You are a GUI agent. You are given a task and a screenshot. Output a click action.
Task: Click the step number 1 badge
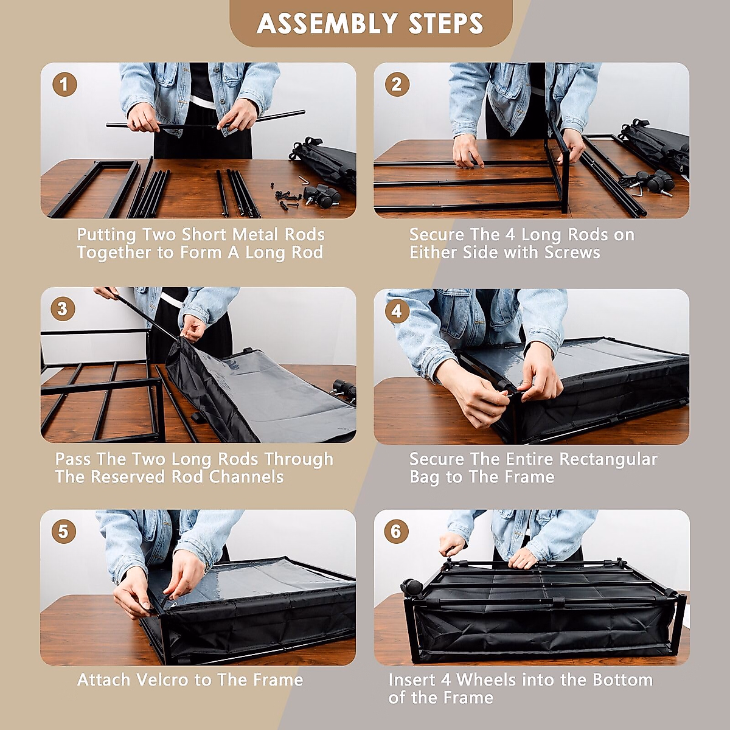tap(64, 84)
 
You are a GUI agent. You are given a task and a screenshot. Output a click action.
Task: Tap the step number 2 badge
tap(397, 84)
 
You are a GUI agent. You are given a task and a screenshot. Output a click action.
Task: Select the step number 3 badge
tap(63, 309)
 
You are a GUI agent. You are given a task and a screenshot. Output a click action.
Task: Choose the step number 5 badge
tap(63, 532)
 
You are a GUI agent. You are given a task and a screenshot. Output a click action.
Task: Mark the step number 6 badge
tap(396, 531)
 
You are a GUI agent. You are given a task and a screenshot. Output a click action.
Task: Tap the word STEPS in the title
tap(445, 24)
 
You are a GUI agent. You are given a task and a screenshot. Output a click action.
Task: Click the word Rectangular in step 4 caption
tap(608, 459)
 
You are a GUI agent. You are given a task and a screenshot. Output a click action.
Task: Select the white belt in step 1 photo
tap(203, 102)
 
